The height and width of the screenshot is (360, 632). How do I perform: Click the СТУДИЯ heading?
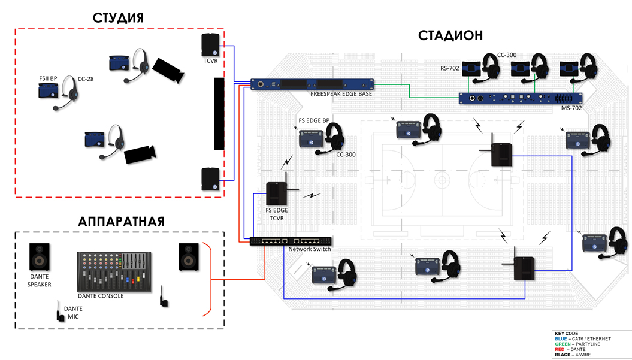(x=118, y=16)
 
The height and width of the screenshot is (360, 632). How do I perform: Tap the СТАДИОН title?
(x=450, y=35)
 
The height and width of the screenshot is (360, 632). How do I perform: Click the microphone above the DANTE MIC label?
(x=60, y=311)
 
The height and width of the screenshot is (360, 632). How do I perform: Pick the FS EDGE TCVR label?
(x=276, y=214)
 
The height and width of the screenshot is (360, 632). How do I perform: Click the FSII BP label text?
(x=44, y=78)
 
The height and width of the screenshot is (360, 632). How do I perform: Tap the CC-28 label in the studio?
(x=86, y=78)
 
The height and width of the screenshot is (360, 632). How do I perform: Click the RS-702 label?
(x=450, y=68)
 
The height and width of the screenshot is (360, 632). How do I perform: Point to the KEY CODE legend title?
(x=566, y=333)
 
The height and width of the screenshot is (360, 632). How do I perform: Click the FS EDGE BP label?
(x=314, y=121)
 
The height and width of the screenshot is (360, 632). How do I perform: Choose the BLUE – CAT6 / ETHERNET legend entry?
(x=583, y=338)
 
